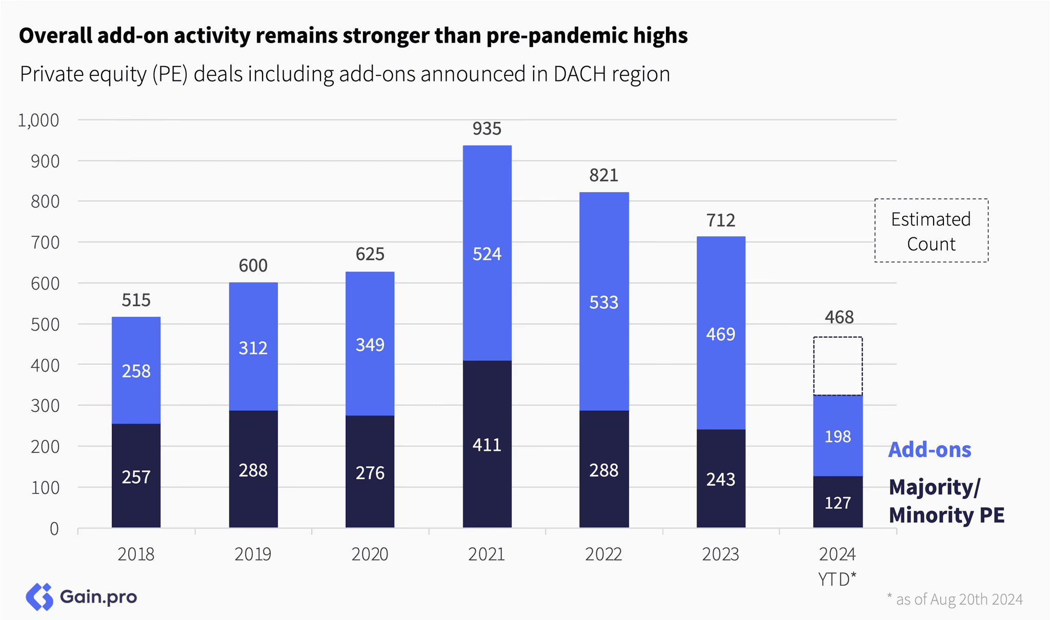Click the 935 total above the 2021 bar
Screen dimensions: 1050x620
[487, 129]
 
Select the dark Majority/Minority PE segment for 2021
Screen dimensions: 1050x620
[487, 444]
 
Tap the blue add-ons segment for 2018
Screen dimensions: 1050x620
[136, 370]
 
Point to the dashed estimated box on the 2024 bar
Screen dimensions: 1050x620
[838, 338]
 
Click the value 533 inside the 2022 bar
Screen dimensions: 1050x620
[603, 302]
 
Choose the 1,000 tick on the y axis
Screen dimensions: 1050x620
[38, 120]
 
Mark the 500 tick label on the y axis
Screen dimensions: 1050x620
[45, 324]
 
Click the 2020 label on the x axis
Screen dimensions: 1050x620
[370, 554]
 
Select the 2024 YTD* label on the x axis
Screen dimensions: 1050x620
[837, 566]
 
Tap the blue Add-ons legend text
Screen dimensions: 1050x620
[930, 450]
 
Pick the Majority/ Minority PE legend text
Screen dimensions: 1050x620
[946, 501]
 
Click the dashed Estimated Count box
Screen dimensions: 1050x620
[931, 199]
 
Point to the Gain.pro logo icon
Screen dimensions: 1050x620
[39, 597]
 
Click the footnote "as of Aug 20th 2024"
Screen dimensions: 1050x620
[959, 599]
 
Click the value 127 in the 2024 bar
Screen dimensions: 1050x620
[838, 503]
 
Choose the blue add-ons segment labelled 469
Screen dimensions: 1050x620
[721, 333]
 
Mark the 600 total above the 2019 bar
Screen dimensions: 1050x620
[253, 265]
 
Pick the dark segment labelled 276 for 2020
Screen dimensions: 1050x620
[370, 472]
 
